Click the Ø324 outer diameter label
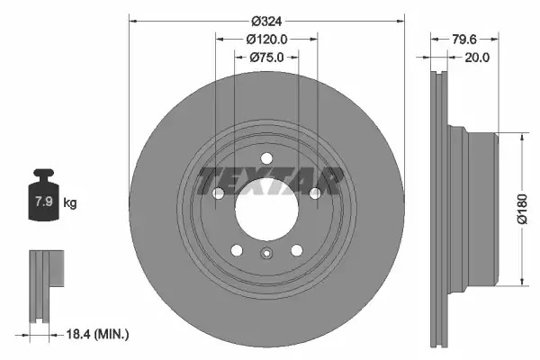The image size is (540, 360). coord(266,22)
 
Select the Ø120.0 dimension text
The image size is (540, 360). coord(266,40)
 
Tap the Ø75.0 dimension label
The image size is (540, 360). coord(266,58)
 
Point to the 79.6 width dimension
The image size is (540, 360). coord(463,40)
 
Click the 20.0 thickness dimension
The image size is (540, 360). coord(477,58)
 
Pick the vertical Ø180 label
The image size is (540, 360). coord(522,209)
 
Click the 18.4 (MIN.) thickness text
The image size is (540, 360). coord(97,334)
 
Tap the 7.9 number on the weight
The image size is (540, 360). coord(44,201)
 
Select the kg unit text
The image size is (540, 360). coord(70,202)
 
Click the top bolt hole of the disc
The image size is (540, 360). coord(266,158)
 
